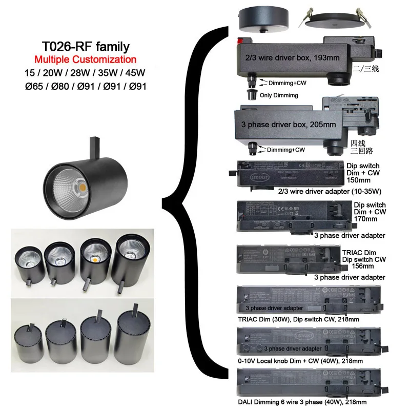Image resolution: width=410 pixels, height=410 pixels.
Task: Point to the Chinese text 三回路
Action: [x=361, y=152]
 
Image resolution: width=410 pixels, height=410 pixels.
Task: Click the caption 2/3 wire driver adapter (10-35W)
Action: [x=308, y=192]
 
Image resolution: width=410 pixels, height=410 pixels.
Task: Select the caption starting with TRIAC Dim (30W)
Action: [x=299, y=319]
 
